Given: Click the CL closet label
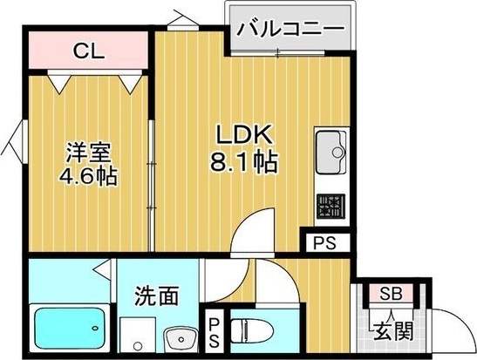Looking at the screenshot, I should pos(89,51).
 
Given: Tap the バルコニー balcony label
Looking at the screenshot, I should pos(289,29).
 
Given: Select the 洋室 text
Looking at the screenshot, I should pos(89,150).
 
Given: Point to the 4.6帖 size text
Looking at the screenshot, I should pos(89,174).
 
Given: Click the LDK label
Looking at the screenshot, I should pos(246,135).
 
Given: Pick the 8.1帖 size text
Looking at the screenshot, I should pos(246,162).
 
